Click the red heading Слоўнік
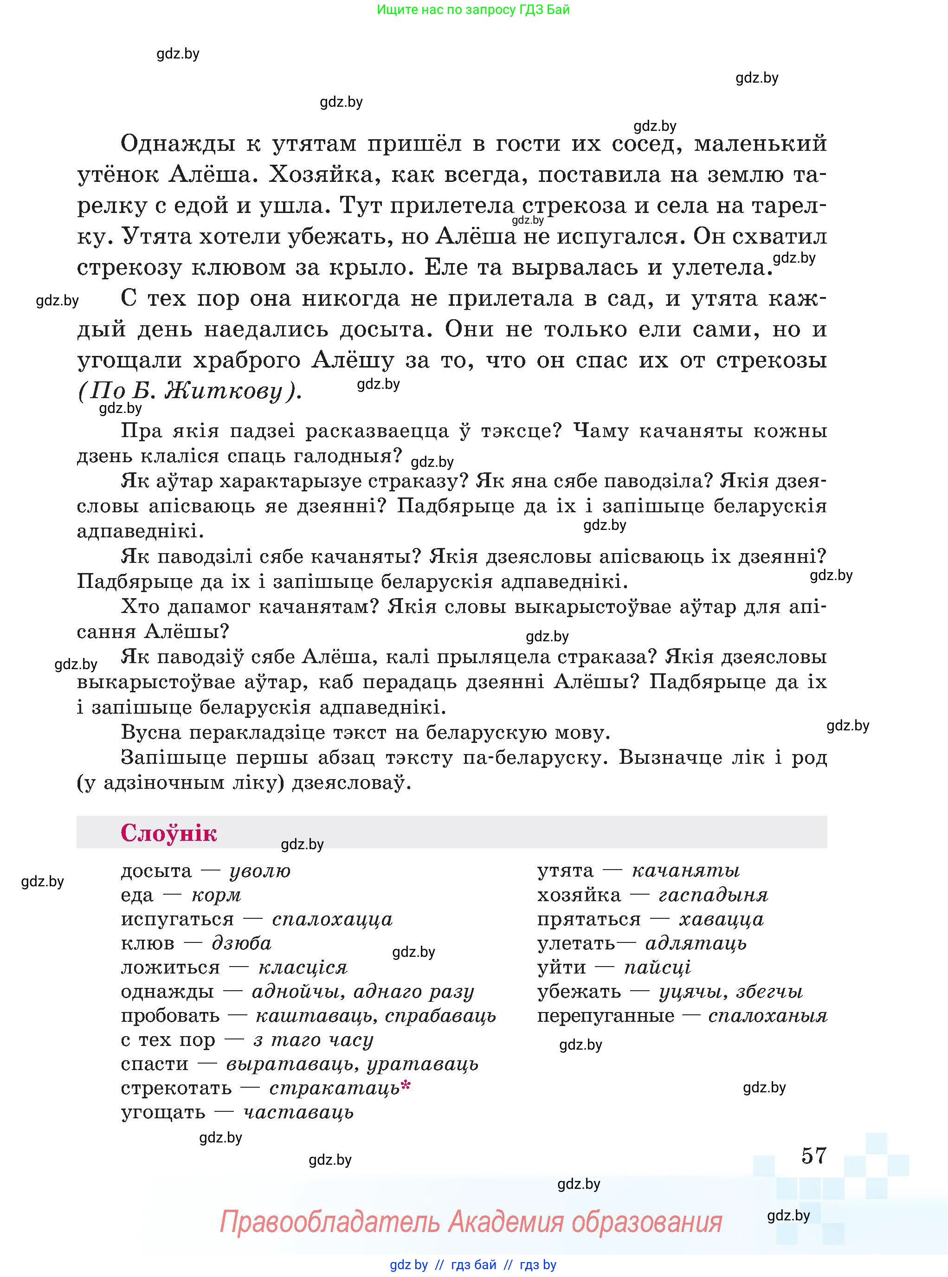tap(169, 833)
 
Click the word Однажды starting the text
tap(177, 143)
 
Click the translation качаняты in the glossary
tap(685, 871)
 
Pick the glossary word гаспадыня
tap(713, 895)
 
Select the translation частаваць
tap(298, 1112)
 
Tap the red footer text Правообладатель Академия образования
tap(471, 1222)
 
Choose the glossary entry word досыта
tap(156, 871)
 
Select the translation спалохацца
tap(332, 919)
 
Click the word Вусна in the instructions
tap(151, 732)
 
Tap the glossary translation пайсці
tap(657, 967)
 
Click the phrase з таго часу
tap(313, 1039)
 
